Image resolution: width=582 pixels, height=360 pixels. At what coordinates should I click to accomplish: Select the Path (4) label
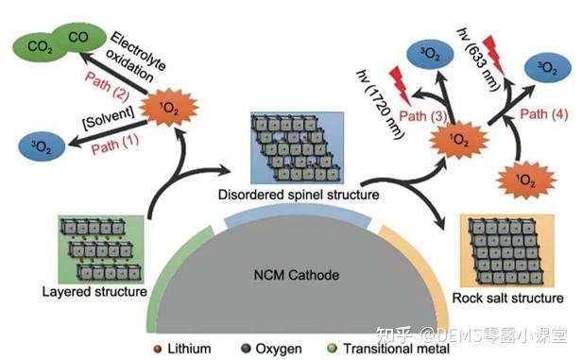550,115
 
